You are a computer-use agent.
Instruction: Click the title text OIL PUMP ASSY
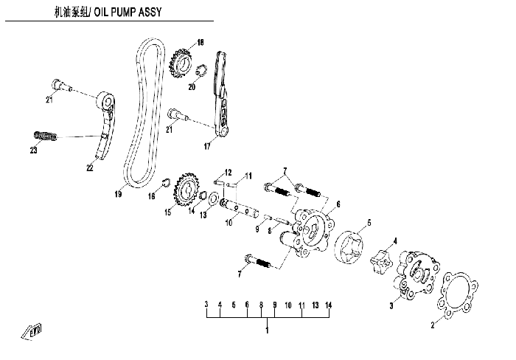(x=128, y=13)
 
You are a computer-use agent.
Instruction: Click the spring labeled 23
(x=46, y=136)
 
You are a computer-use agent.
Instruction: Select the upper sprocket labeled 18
(x=181, y=63)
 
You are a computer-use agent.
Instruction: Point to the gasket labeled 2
(x=458, y=295)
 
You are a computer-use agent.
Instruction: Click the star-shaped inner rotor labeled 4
(x=381, y=260)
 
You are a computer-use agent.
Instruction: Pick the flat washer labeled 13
(x=212, y=198)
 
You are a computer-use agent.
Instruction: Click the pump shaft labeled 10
(x=240, y=210)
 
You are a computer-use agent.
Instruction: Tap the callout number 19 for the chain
(x=118, y=194)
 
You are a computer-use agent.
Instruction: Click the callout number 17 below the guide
(x=207, y=146)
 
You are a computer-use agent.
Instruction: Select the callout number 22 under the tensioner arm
(x=90, y=167)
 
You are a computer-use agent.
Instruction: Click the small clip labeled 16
(x=166, y=182)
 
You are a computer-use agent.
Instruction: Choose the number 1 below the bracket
(x=267, y=330)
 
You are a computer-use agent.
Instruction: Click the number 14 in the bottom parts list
(x=329, y=305)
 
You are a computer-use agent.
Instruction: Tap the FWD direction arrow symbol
(x=32, y=331)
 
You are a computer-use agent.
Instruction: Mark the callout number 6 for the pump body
(x=338, y=204)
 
